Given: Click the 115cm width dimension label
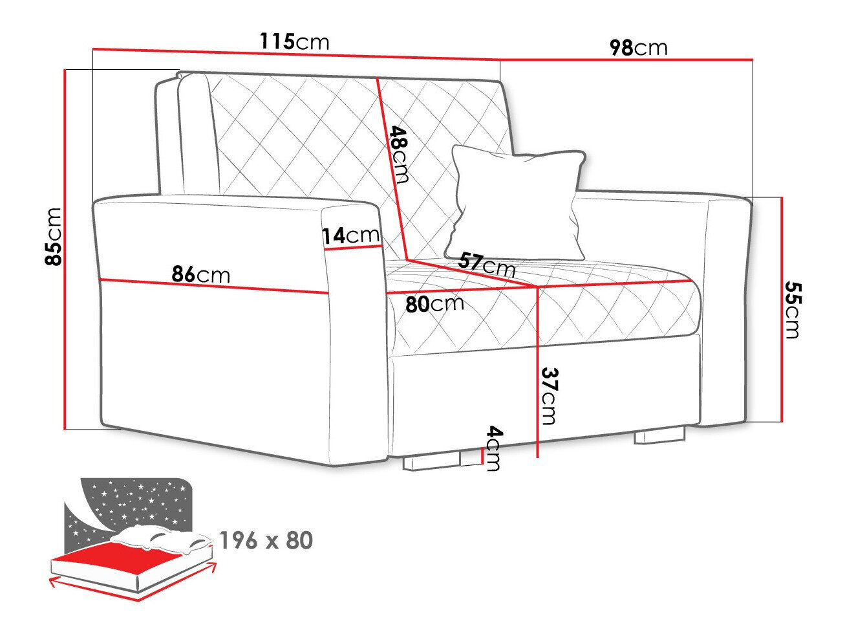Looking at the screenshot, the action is [x=295, y=41].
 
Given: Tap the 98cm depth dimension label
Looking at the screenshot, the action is [x=639, y=47].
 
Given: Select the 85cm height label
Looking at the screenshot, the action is [x=53, y=237].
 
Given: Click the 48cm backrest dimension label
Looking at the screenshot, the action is [x=399, y=154].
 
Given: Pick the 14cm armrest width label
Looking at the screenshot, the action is [x=350, y=235].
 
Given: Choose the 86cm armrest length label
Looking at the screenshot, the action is [x=200, y=274].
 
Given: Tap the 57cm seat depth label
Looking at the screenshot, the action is [x=487, y=264].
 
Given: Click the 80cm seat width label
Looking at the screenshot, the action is [x=434, y=304].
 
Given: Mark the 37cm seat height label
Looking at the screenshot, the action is [x=549, y=396].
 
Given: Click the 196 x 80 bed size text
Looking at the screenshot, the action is [x=266, y=540].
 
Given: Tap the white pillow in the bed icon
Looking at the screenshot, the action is [x=162, y=540].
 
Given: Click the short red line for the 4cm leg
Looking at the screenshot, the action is [x=482, y=456].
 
